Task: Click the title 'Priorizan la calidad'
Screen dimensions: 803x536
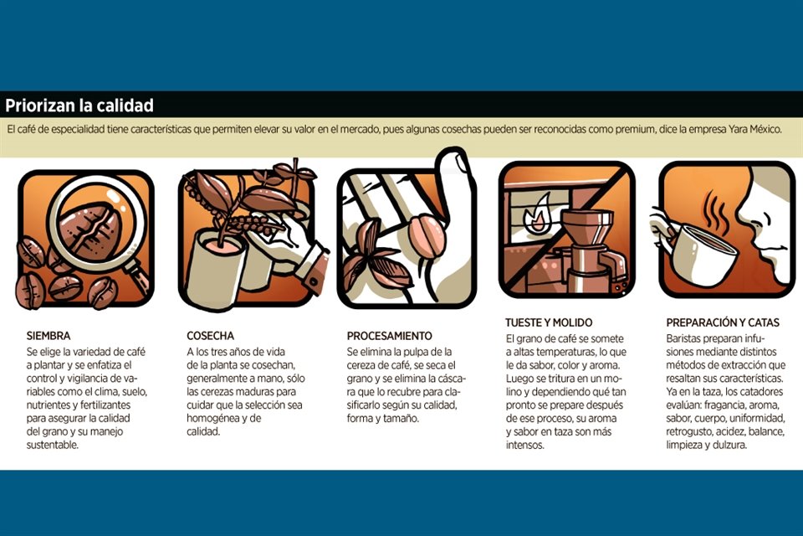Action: (79, 106)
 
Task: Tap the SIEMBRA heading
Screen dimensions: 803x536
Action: (49, 336)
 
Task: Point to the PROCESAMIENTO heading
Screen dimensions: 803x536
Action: (390, 336)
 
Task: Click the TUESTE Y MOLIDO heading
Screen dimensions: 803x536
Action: (549, 322)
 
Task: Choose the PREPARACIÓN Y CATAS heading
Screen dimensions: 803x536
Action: (723, 322)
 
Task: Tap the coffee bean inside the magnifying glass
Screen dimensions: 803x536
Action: (90, 229)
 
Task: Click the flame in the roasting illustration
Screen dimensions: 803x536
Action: (537, 214)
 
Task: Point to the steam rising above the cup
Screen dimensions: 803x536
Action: (714, 210)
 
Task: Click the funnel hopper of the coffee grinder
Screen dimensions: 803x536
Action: (587, 224)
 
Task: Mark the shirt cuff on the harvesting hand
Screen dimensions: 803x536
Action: (310, 266)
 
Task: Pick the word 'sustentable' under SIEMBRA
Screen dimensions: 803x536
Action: (53, 446)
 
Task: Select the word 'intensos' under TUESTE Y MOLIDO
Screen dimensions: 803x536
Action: (525, 446)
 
